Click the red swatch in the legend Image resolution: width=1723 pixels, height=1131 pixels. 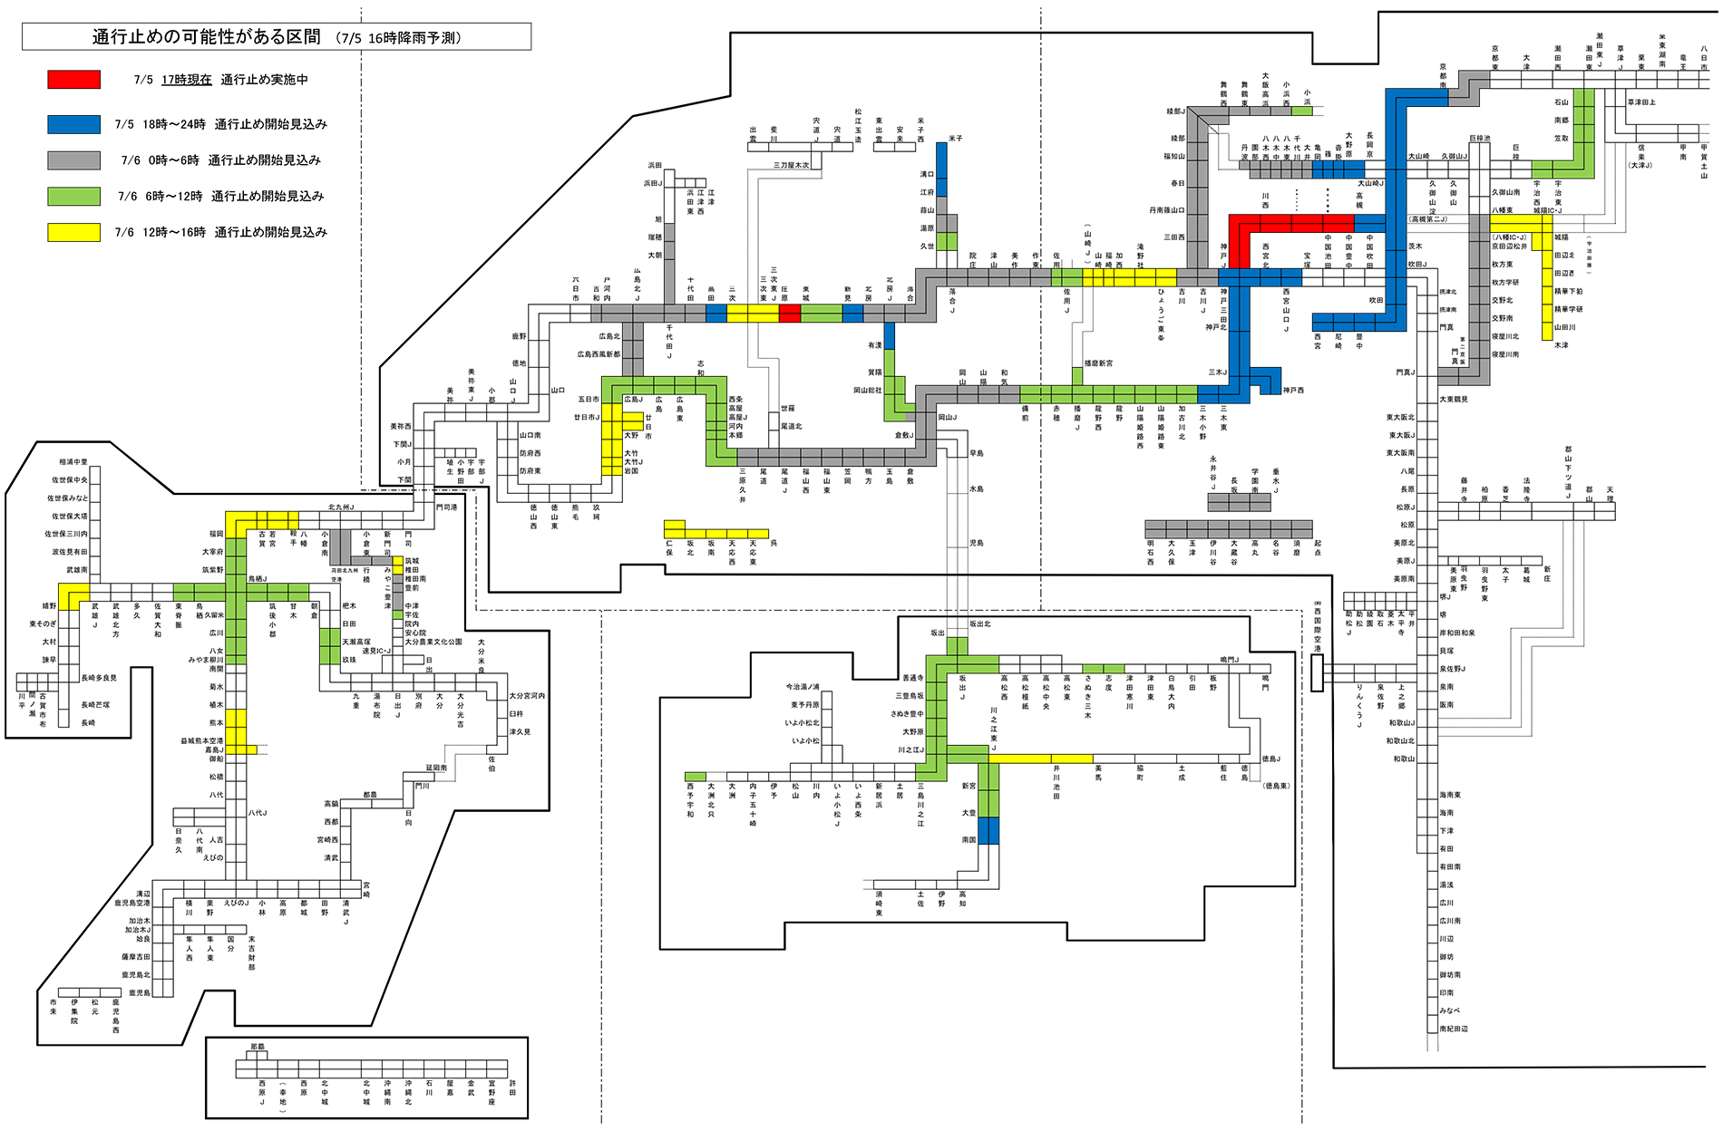pos(74,80)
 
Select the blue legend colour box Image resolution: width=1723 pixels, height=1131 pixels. pos(74,124)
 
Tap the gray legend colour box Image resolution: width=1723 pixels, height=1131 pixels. pos(74,160)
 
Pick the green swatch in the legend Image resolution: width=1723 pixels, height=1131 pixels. pos(74,196)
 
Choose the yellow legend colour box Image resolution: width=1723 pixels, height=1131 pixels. pos(74,232)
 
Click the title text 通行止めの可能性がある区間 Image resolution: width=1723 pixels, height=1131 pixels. pos(206,37)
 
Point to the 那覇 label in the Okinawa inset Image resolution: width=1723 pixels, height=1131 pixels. pos(258,1047)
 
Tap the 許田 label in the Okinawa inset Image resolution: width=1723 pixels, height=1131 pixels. pos(513,1087)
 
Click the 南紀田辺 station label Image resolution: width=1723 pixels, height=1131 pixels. pos(1454,1029)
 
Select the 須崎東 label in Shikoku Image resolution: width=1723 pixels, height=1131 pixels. pos(879,903)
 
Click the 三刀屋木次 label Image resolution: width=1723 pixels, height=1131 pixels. pos(791,166)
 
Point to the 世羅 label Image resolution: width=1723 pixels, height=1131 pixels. pos(787,408)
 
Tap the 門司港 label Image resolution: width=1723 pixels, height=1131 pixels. pos(446,507)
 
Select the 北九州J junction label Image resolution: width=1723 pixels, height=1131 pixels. pos(341,507)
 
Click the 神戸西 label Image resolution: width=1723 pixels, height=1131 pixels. pos(1293,390)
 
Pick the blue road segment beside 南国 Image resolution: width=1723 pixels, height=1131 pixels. pos(988,830)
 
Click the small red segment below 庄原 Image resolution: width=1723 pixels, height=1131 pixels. pos(790,314)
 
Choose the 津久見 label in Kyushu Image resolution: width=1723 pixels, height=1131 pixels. pos(520,731)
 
